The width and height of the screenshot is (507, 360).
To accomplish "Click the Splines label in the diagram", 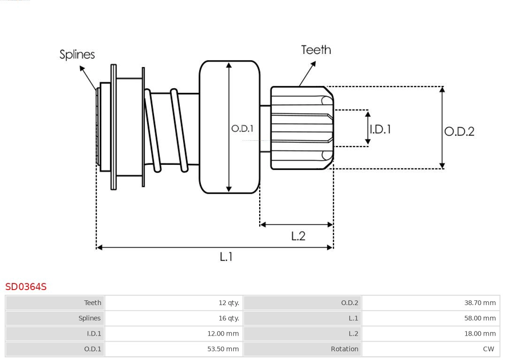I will (77, 54).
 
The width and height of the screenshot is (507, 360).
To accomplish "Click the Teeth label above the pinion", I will (316, 50).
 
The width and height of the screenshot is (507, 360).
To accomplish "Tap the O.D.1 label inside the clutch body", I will (242, 128).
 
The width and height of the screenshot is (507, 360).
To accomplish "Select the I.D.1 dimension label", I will (380, 129).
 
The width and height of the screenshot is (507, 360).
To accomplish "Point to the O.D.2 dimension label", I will (459, 131).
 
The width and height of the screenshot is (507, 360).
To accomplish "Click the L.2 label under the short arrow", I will (298, 236).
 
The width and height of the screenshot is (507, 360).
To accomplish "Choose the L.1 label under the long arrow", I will (226, 257).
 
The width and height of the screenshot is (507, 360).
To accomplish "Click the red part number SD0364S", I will (26, 286).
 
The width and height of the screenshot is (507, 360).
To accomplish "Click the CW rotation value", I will (488, 349).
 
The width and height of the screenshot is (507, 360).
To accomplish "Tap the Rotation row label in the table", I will (344, 349).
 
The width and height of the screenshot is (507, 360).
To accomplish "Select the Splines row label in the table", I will (89, 318).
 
